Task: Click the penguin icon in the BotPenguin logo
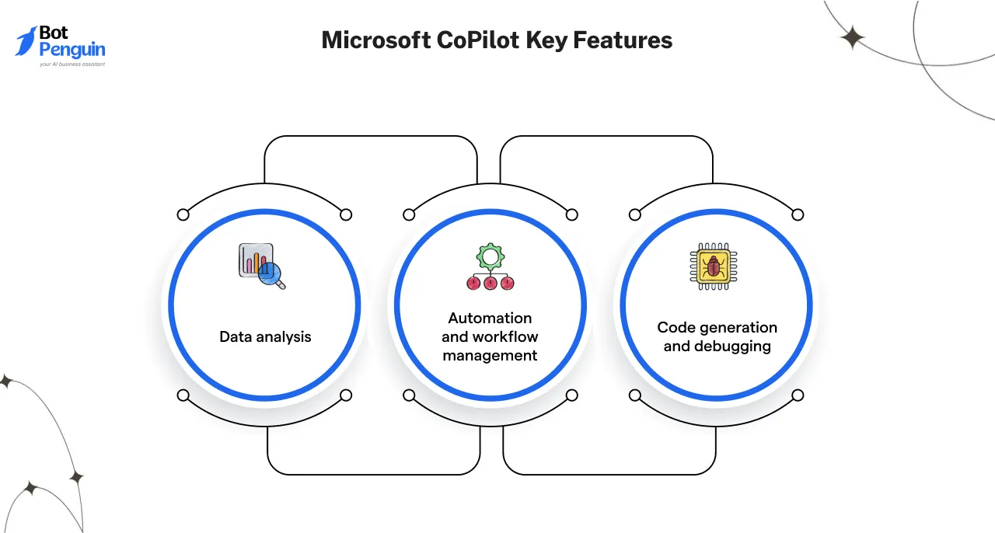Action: [x=26, y=41]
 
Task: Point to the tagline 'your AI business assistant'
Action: [x=72, y=64]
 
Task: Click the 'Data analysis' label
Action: [x=265, y=336]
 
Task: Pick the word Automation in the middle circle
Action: [x=490, y=318]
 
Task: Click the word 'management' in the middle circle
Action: [x=490, y=355]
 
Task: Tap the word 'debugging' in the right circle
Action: [x=717, y=347]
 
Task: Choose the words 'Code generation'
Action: [x=717, y=327]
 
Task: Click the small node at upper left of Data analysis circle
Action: [x=183, y=214]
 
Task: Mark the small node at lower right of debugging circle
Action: [x=797, y=395]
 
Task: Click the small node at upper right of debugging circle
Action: [x=797, y=214]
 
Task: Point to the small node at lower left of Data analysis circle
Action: [x=183, y=395]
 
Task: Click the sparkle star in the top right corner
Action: [x=853, y=37]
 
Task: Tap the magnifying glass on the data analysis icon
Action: [x=272, y=274]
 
